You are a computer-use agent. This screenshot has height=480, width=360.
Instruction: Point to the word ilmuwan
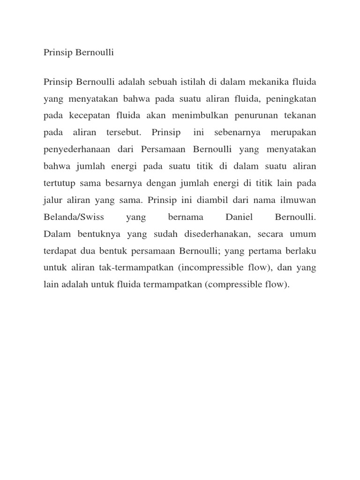coord(298,200)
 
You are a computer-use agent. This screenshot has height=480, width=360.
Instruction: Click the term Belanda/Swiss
coord(74,217)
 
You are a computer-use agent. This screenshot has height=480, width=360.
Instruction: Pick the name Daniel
coord(239,217)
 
